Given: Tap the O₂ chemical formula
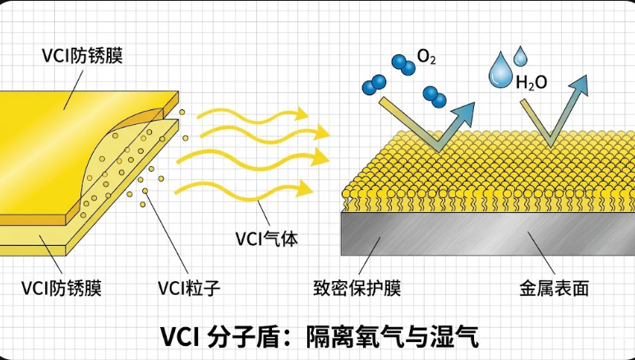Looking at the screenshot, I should click(426, 58).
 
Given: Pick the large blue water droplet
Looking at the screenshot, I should click(499, 72).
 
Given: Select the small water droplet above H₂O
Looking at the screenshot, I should click(520, 56).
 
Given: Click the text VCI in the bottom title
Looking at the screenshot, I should click(183, 336).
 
